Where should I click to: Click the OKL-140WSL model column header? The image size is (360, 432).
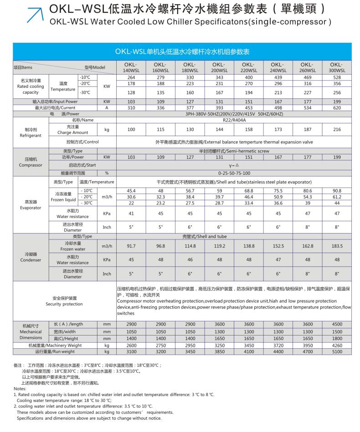pyautogui.click(x=131, y=67)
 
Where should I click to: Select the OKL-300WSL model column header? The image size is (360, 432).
pyautogui.click(x=337, y=67)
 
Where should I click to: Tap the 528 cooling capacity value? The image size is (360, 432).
pyautogui.click(x=337, y=77)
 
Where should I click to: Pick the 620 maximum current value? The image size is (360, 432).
pyautogui.click(x=337, y=108)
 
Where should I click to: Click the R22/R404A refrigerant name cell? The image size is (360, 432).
pyautogui.click(x=234, y=120)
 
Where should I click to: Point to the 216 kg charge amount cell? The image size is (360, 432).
pyautogui.click(x=337, y=130)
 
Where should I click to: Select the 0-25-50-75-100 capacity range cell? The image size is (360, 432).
pyautogui.click(x=234, y=173)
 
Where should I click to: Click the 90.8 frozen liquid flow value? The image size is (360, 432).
pyautogui.click(x=337, y=190)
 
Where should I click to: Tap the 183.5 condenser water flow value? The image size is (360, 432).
pyautogui.click(x=337, y=246)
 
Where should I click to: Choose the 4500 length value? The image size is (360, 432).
pyautogui.click(x=337, y=324)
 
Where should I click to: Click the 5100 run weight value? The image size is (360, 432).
pyautogui.click(x=337, y=351)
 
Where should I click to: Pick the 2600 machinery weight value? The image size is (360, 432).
pyautogui.click(x=131, y=346)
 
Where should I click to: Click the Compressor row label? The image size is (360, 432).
pyautogui.click(x=31, y=162)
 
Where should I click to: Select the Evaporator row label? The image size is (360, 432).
pyautogui.click(x=31, y=204)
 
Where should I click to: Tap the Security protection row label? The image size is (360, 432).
pyautogui.click(x=64, y=301)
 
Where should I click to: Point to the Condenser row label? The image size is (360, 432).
pyautogui.click(x=31, y=257)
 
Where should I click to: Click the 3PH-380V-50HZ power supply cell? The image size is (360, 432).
pyautogui.click(x=234, y=114)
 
